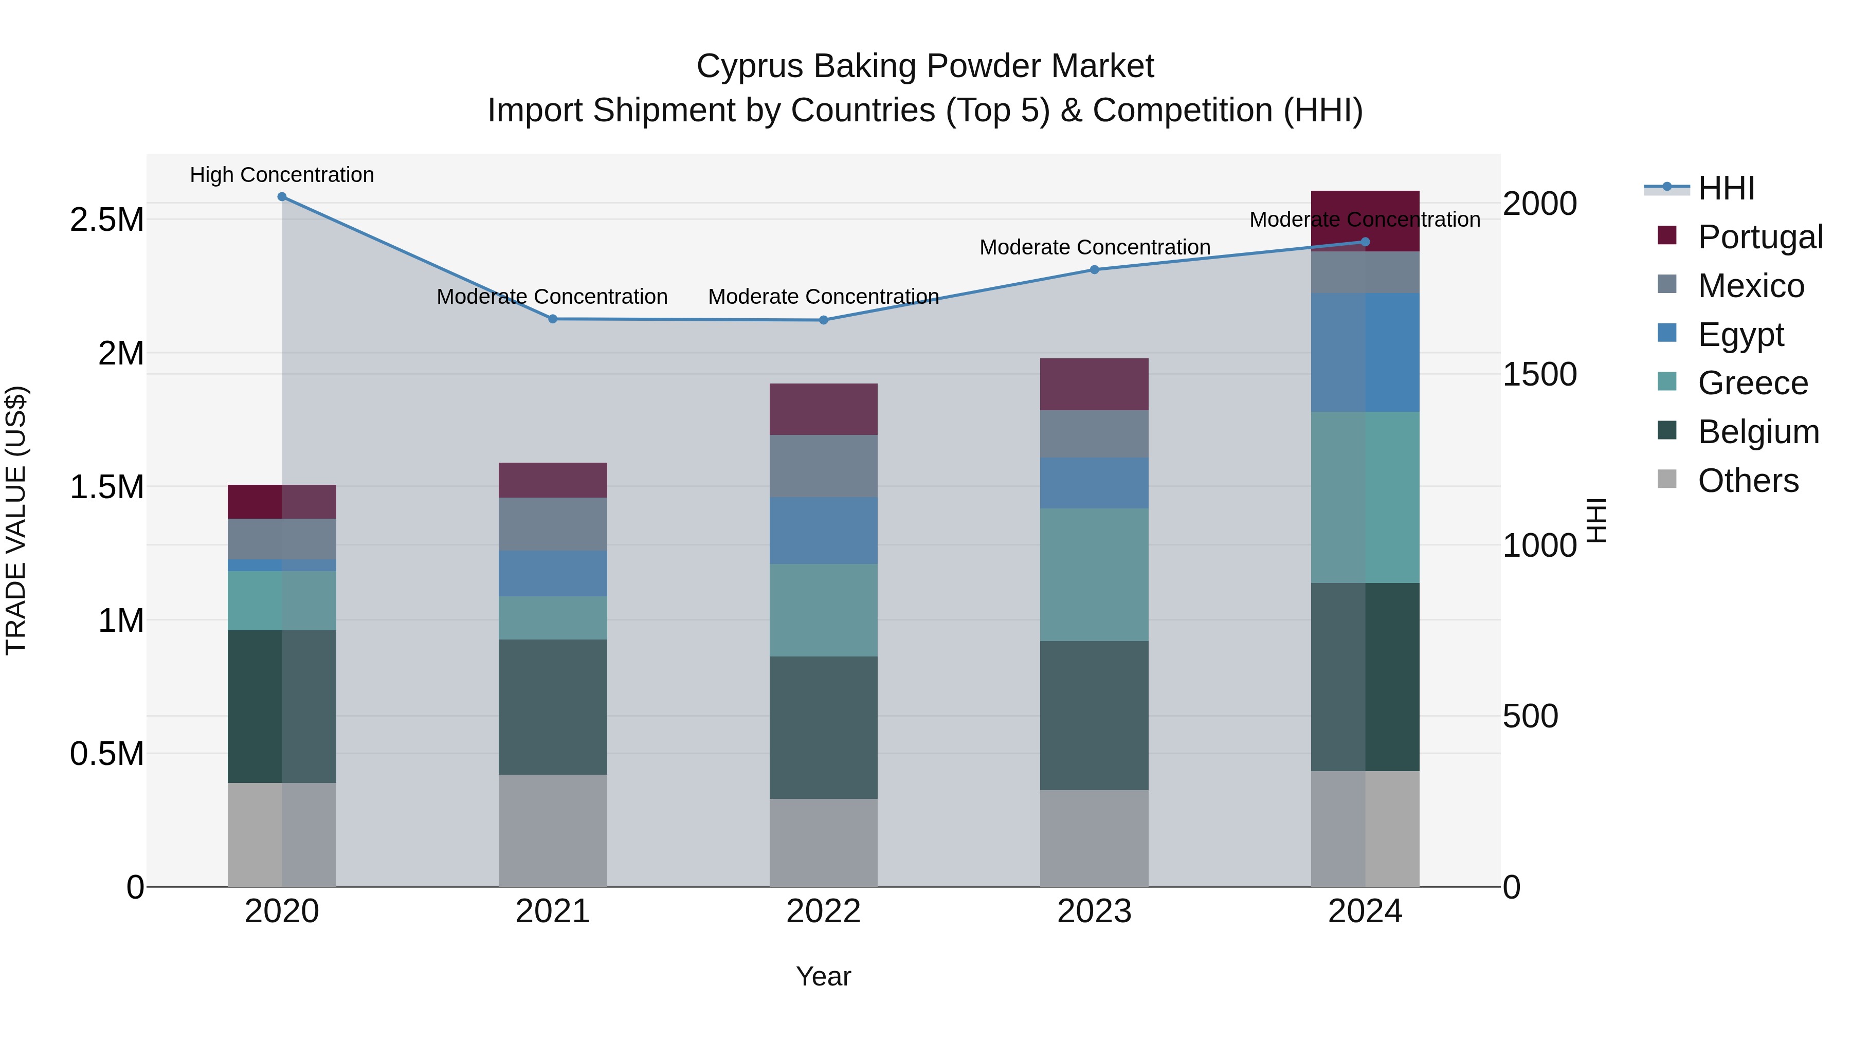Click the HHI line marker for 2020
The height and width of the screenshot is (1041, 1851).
click(282, 197)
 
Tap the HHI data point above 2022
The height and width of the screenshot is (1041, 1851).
click(824, 320)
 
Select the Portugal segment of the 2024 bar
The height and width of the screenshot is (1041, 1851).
click(1365, 221)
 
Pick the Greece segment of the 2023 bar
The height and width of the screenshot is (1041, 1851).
click(1094, 575)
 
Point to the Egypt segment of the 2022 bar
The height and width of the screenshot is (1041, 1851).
click(824, 531)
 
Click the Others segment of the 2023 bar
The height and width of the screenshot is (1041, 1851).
click(1094, 838)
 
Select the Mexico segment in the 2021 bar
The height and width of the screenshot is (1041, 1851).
click(553, 524)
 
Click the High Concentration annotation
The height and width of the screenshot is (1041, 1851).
click(282, 175)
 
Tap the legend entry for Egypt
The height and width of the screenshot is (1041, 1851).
click(1740, 335)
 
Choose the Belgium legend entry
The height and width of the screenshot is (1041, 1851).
click(1757, 432)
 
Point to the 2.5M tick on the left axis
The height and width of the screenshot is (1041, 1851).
click(107, 220)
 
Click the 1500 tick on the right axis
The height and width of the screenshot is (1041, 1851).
click(1539, 374)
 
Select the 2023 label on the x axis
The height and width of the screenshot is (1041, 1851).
click(1094, 911)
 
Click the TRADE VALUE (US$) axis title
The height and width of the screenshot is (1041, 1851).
click(16, 521)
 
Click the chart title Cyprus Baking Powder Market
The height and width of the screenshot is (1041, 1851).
click(925, 66)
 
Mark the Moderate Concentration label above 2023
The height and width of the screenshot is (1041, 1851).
click(1094, 247)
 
